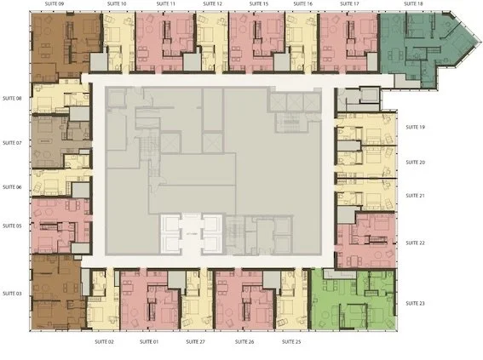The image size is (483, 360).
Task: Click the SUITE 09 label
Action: point(43,4)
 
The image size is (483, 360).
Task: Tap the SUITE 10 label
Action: point(118,4)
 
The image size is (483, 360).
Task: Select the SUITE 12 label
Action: point(214,4)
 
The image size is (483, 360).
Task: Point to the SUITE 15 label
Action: point(259,4)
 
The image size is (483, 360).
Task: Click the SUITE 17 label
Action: point(349,4)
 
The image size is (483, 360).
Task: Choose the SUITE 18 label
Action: point(413,4)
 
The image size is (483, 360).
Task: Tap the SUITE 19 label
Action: point(415,127)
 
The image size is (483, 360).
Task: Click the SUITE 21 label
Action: point(415,196)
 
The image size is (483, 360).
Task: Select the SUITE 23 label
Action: point(415,304)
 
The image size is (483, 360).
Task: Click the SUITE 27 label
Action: point(196,341)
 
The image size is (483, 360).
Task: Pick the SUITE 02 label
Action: point(104,341)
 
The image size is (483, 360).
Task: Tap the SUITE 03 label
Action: point(12,293)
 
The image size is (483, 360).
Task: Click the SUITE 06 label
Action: point(12,187)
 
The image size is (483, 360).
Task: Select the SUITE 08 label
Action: point(12,99)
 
